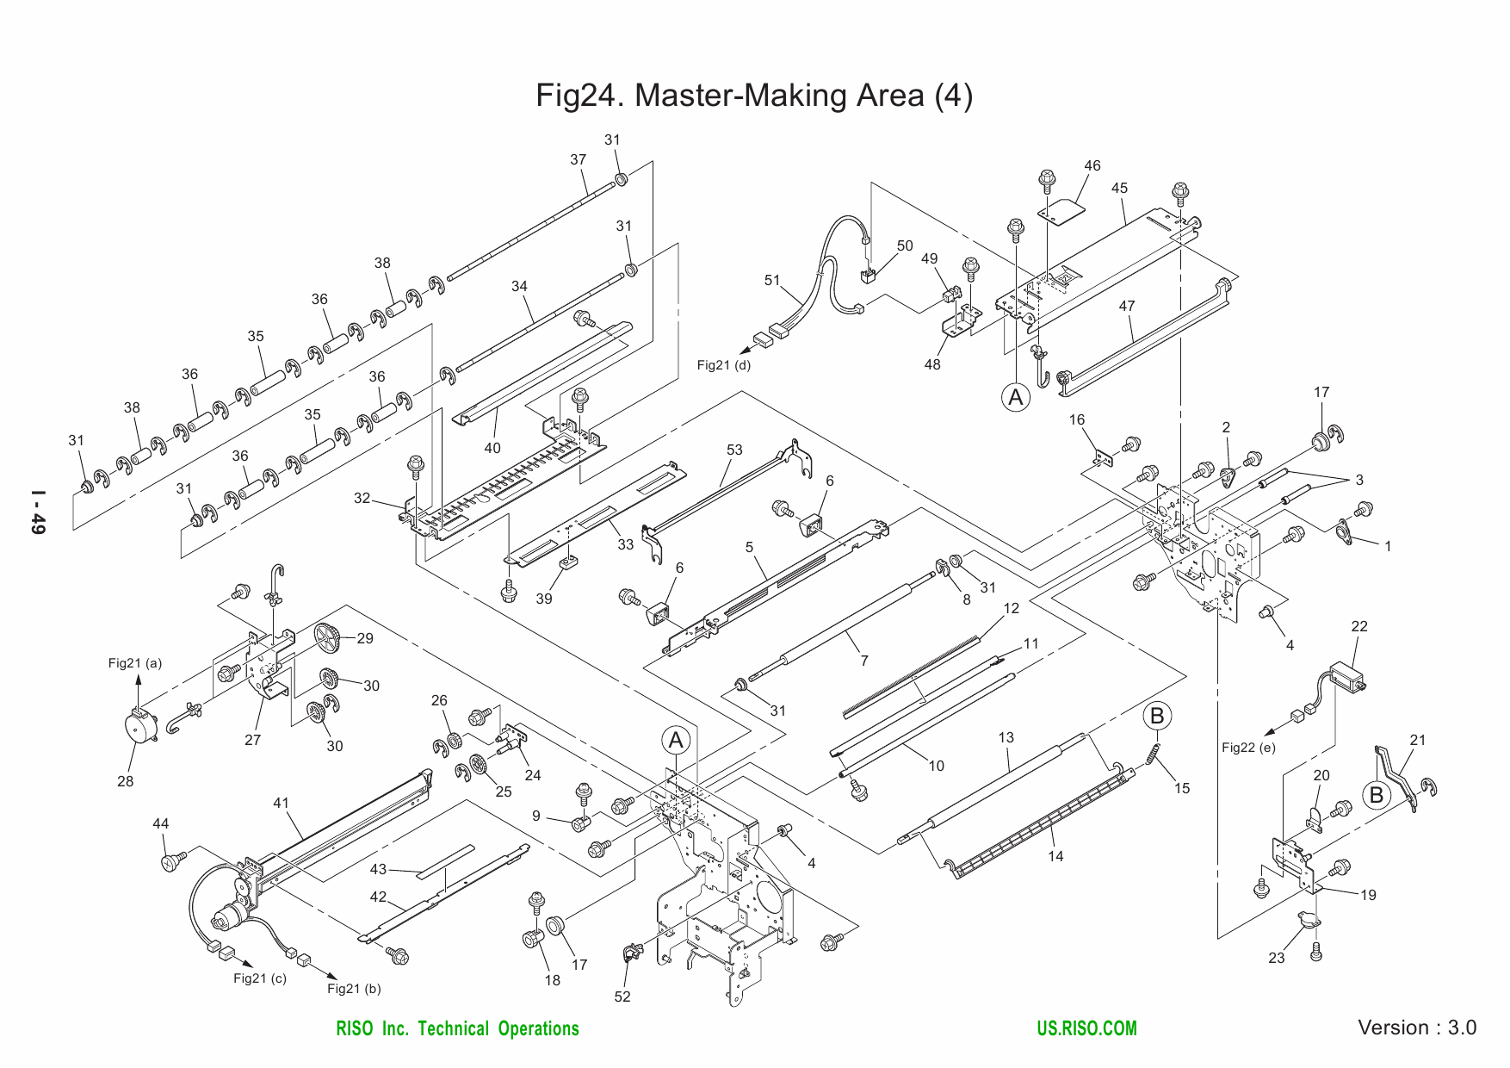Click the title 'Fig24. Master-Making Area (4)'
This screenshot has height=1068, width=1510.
(x=754, y=95)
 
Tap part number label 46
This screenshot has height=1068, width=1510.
(x=1092, y=166)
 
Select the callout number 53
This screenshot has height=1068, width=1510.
(x=733, y=450)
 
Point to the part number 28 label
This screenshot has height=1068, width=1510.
(x=126, y=781)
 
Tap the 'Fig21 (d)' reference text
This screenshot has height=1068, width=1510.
(x=723, y=365)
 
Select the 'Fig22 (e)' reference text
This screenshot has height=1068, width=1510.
(x=1248, y=748)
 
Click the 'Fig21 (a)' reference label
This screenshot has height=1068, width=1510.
(x=135, y=663)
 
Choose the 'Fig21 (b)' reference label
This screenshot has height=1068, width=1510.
(x=354, y=989)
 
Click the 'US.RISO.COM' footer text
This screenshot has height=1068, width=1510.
(x=1087, y=1028)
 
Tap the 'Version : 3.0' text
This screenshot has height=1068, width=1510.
(x=1416, y=1028)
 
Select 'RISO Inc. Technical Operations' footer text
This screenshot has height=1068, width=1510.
(x=457, y=1028)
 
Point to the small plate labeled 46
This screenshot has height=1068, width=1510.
(x=1061, y=211)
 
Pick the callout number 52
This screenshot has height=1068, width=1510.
(x=622, y=997)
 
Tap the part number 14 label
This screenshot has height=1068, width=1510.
(x=1055, y=855)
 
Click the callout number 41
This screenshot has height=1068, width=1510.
(x=281, y=803)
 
